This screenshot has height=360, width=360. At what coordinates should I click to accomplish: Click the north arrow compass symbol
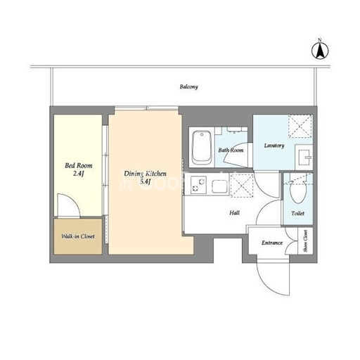coord(320,51)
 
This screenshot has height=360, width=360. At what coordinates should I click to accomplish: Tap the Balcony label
coord(189,86)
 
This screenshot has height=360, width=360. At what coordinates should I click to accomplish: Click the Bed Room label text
coord(79,165)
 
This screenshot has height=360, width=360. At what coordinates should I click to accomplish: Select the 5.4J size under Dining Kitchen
coord(145,181)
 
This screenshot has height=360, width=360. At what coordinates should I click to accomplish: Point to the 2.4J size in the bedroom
coord(79,174)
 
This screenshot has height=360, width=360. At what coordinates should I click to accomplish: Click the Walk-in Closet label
coord(78,236)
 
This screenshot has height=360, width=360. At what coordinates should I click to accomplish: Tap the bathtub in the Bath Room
coord(202,148)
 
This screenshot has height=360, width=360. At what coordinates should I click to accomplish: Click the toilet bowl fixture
coord(298,191)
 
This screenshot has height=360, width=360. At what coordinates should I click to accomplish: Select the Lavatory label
coord(274,146)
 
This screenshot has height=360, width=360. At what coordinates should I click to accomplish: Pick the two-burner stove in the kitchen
coord(198,185)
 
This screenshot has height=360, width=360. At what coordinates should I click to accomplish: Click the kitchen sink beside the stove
coord(219,186)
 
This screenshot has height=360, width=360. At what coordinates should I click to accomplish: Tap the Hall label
coord(234,213)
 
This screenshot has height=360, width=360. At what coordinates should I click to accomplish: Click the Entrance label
coord(272,243)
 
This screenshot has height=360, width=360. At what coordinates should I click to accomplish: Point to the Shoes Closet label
coord(305,240)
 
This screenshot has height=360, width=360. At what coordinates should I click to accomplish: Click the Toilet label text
coord(297,213)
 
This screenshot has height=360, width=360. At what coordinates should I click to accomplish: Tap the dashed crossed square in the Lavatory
coord(300,126)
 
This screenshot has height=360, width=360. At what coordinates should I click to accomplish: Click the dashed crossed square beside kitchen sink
coord(242,185)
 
